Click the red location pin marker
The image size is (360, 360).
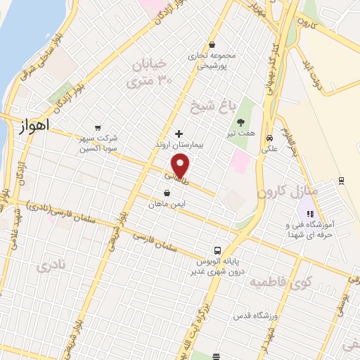click(x=181, y=167)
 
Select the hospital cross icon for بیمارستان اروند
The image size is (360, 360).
click(x=179, y=133)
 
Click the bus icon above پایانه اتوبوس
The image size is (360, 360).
click(x=219, y=250)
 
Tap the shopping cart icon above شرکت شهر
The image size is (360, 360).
click(x=98, y=127)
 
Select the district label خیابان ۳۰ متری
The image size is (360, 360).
click(x=148, y=73)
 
